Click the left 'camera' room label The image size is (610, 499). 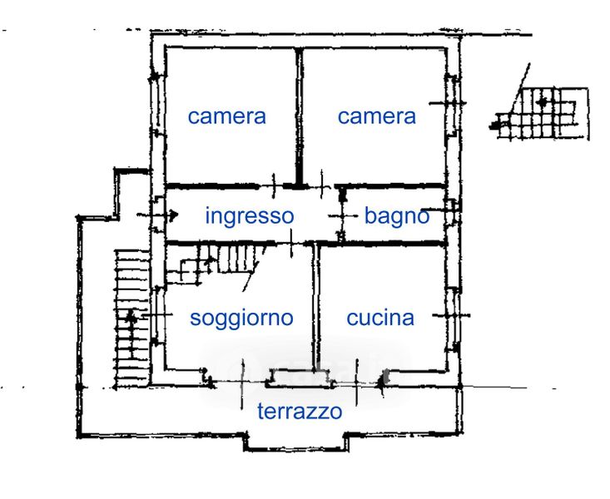tap(226, 116)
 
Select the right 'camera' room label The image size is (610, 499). tap(376, 116)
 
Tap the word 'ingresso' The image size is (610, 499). tap(249, 216)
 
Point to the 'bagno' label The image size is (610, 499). tap(397, 216)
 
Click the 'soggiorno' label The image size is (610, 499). tap(241, 317)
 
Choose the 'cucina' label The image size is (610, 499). tap(380, 317)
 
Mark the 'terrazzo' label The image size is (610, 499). tap(299, 411)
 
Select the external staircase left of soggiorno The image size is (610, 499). tap(132, 316)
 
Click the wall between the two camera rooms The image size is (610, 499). tap(299, 116)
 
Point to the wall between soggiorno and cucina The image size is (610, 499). tap(315, 308)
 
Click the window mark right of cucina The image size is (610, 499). tap(457, 317)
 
